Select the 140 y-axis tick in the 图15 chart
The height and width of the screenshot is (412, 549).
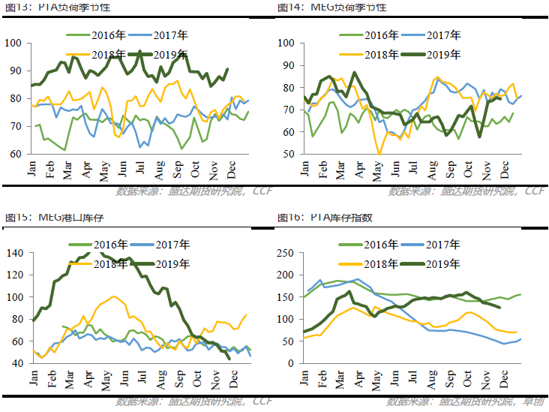15,253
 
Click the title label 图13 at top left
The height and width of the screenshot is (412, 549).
17,7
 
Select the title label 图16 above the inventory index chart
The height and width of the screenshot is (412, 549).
289,217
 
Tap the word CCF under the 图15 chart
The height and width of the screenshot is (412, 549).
261,401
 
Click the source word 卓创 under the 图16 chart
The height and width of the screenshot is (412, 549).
533,401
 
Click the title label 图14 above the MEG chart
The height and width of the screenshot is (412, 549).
289,7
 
